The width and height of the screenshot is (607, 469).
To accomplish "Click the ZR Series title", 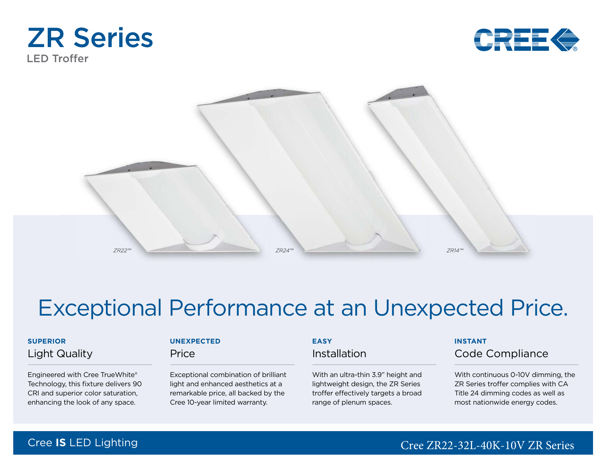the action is coord(90,38).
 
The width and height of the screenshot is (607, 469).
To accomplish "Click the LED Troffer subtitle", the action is coord(58,59).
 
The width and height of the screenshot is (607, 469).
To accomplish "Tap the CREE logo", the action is coord(526,40).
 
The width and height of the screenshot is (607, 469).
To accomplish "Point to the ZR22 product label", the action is coord(122,251).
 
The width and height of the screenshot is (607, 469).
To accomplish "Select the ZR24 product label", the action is coord(284,251).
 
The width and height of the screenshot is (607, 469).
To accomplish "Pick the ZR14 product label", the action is coord(455,251).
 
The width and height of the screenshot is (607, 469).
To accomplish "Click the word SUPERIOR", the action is coord(47,341).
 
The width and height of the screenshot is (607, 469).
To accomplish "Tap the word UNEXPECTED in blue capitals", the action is coord(195,341).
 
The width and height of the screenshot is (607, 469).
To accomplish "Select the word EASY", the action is coord(322,341).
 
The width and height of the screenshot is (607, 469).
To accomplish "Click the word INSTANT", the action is coord(470,341).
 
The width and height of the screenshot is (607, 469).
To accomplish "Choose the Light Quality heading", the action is coord(60,354).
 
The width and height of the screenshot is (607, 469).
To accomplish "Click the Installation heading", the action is coord(339,353).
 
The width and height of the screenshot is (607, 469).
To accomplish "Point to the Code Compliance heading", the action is coord(501,354).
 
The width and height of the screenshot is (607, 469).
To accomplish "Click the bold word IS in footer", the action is coord(61,443).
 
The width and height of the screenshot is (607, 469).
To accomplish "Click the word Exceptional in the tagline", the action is coord(100,308).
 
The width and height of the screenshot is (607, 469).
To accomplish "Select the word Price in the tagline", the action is coord(539,308).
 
